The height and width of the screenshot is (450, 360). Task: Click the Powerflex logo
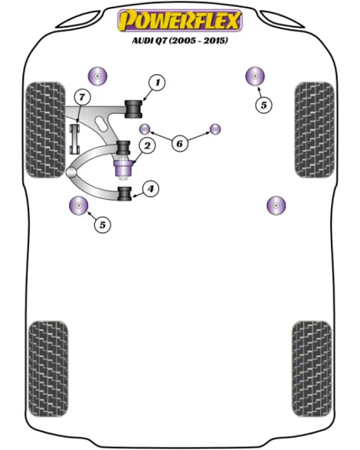point(180,21)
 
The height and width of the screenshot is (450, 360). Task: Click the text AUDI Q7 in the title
point(149,41)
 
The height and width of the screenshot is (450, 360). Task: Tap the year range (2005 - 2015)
point(198,41)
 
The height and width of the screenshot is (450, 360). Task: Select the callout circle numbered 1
point(157,83)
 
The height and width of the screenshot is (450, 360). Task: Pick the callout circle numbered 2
point(147,145)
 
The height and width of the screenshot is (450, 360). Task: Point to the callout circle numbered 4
point(151,189)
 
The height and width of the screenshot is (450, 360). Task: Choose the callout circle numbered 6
point(179,143)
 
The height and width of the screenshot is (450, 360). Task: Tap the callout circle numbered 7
point(82,97)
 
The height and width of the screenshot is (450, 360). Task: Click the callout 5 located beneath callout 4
point(103,225)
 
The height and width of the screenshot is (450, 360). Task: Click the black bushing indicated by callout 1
point(133,109)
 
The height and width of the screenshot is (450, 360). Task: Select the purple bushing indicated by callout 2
point(123,168)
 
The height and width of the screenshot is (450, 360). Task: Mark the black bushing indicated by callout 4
point(125,194)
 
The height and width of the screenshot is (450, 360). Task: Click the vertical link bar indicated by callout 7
point(75,139)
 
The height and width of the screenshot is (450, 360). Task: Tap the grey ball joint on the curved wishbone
point(71,172)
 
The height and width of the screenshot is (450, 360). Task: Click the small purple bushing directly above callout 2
point(145,129)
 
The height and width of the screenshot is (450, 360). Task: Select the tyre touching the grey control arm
point(45,130)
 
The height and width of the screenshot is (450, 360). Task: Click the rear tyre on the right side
point(312,369)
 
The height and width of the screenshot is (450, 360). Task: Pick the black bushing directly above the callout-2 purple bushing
point(124,148)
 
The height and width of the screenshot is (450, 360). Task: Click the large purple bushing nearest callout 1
point(97,77)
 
